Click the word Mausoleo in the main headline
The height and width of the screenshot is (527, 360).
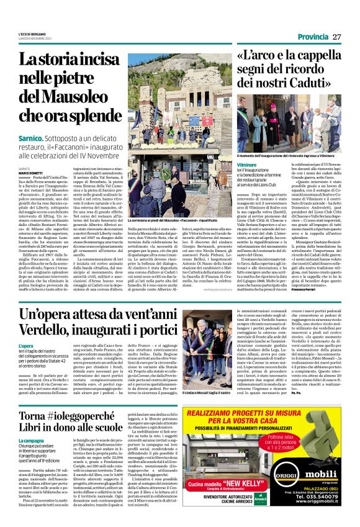click(60, 96)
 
